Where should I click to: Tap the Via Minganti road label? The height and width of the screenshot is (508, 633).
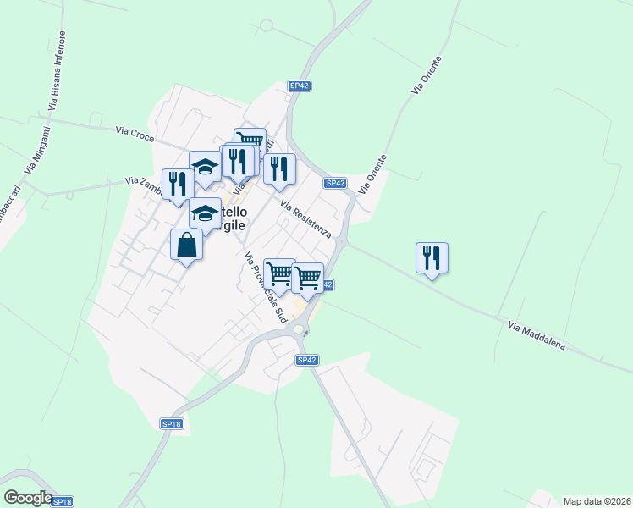click(36, 150)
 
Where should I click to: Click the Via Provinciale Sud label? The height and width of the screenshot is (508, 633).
click(266, 287)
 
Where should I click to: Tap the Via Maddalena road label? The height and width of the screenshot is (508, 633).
click(536, 336)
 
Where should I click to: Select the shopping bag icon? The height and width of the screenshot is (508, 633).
click(187, 245)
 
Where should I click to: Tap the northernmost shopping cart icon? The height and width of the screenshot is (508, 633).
click(250, 141)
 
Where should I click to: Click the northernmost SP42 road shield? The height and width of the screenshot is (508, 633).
click(299, 86)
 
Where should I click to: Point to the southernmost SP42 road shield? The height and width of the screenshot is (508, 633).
click(306, 360)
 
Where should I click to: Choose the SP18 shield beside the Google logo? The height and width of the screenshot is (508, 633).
click(62, 501)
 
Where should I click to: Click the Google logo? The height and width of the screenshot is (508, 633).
click(27, 498)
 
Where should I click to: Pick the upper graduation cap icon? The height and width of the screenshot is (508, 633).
click(205, 166)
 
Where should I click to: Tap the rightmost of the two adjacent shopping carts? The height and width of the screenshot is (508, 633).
click(307, 277)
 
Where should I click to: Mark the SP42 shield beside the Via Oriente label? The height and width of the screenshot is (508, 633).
click(335, 183)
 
